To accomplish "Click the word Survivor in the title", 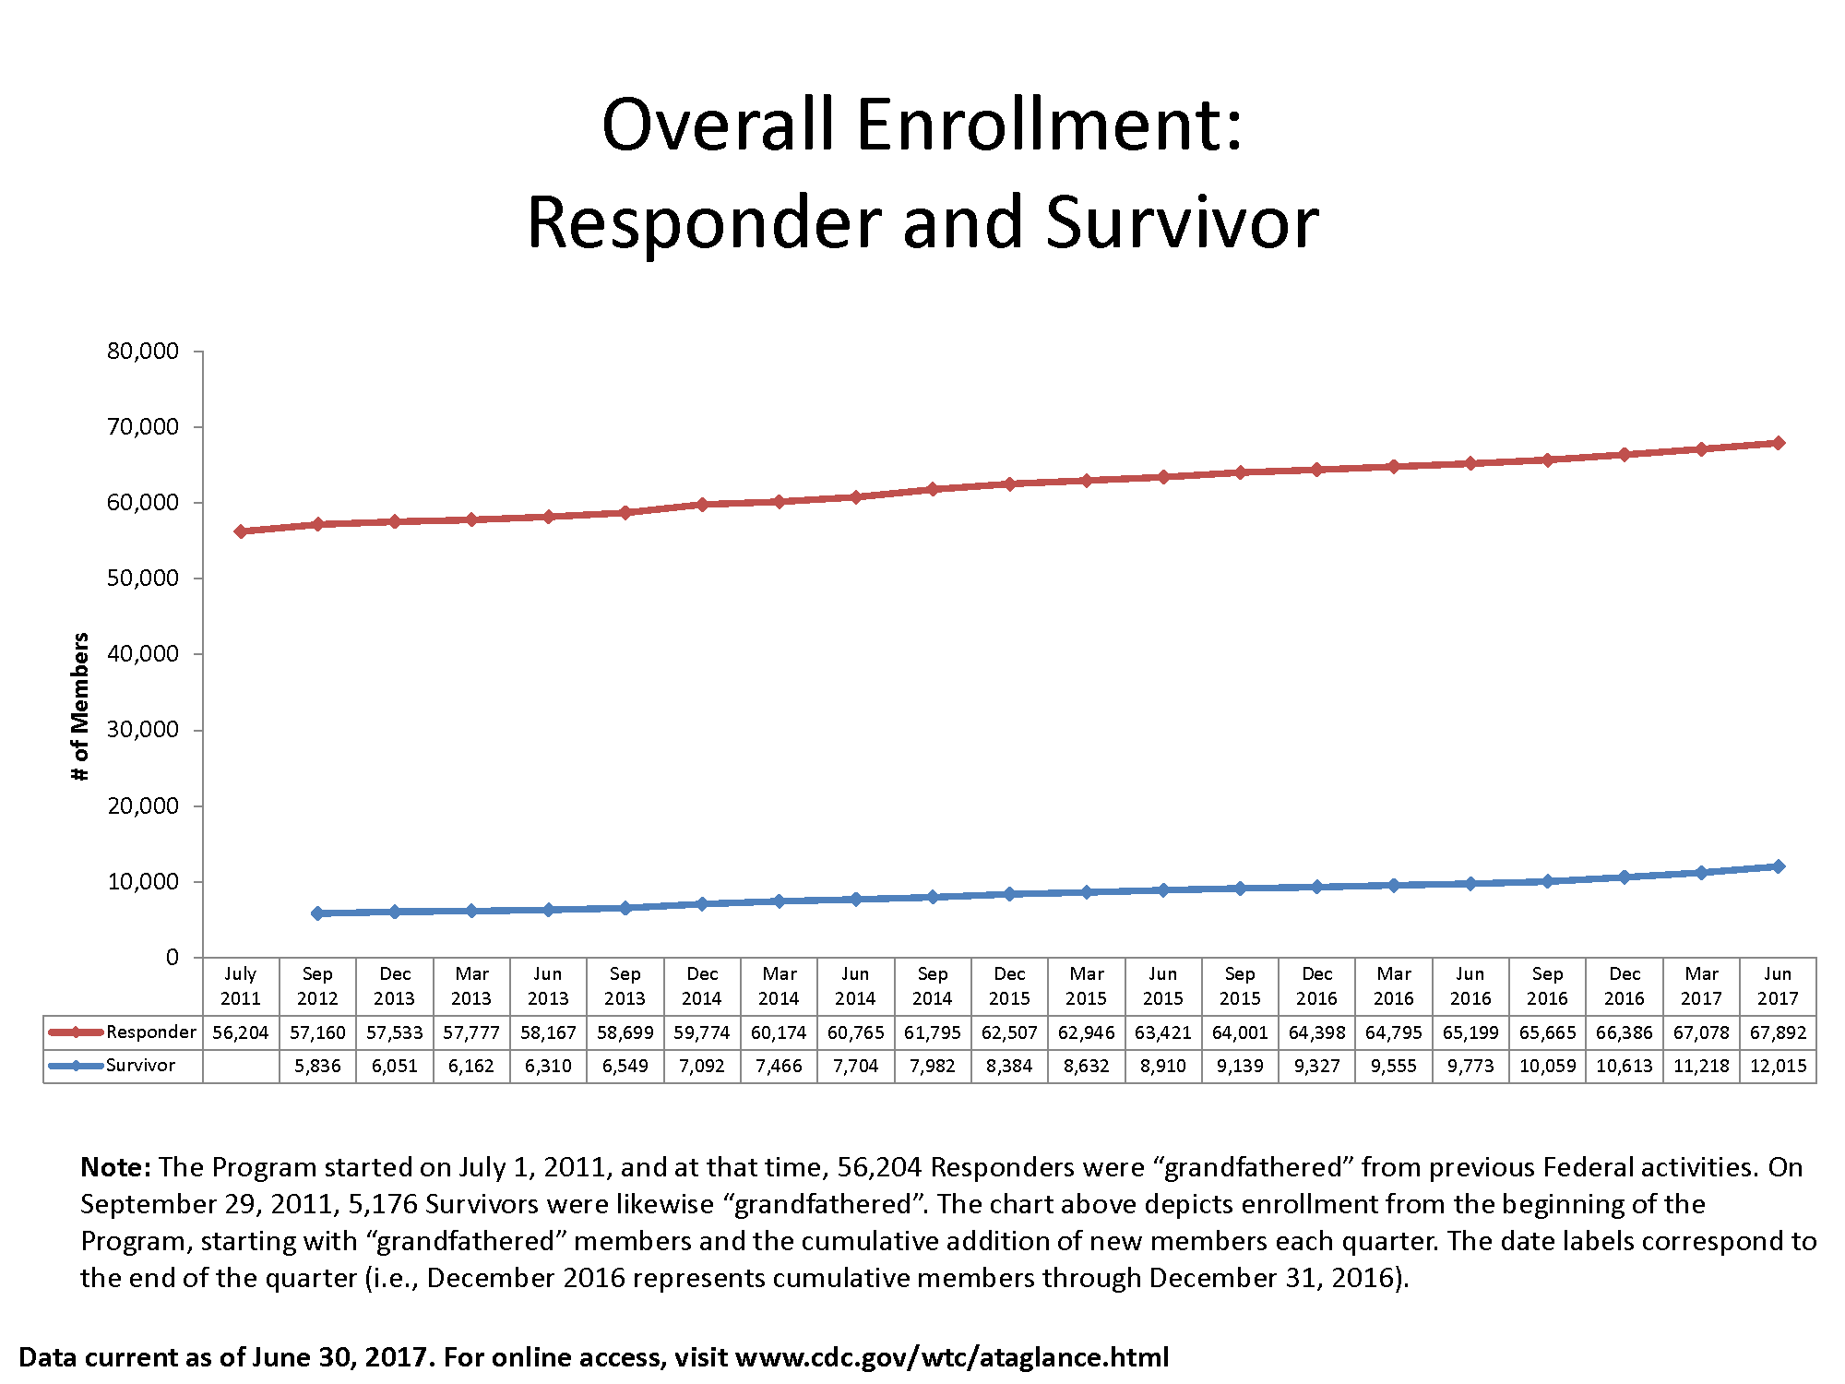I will tap(1182, 223).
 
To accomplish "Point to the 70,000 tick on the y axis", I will tap(143, 426).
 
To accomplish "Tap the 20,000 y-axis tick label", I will tap(143, 805).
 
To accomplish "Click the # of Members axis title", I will tap(80, 707).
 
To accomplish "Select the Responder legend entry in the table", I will tap(150, 1032).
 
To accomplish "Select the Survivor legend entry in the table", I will tap(140, 1065).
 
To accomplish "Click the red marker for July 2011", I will tap(241, 531).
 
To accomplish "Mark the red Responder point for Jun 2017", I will tap(1778, 443).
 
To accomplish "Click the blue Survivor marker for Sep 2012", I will tap(317, 913).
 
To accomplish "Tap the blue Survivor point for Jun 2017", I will tap(1778, 866).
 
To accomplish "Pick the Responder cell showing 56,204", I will tap(241, 1032).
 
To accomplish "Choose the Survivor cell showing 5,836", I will tap(317, 1066).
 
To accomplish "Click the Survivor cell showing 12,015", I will tap(1778, 1066).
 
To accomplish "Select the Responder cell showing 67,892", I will tap(1778, 1032).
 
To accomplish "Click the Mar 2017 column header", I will tap(1701, 985).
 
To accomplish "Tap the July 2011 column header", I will tap(241, 985).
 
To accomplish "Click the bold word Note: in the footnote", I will tap(115, 1167).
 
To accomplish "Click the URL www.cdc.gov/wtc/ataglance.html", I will tap(952, 1357).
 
